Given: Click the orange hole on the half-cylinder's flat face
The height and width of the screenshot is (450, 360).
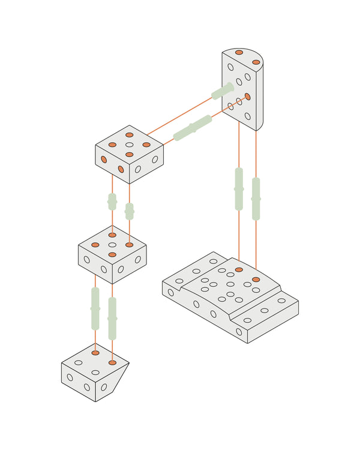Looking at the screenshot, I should tap(247, 96).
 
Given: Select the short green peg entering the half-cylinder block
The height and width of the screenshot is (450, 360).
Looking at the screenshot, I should tap(222, 91).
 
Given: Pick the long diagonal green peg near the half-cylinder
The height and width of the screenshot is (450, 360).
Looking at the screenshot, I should tap(193, 127).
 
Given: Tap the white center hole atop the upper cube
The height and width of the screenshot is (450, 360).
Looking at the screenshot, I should tap(130, 145).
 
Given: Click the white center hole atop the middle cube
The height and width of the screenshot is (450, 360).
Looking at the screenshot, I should tap(112, 245).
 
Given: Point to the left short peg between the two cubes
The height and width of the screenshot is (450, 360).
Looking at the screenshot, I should tap(112, 202).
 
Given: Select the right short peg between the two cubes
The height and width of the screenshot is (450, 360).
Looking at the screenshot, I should tap(129, 211).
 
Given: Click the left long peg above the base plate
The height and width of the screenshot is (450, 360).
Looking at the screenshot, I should tap(239, 188).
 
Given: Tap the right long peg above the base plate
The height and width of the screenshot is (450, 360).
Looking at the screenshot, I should tap(256, 199).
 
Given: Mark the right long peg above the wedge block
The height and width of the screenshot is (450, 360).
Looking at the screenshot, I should tap(112, 318).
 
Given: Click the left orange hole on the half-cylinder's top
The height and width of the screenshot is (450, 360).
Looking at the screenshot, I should tap(239, 53).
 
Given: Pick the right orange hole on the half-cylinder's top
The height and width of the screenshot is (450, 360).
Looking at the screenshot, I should tap(256, 61).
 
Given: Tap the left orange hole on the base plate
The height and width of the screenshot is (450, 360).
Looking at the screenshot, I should tap(239, 270).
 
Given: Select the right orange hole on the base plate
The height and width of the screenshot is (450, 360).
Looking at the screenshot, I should tap(256, 280).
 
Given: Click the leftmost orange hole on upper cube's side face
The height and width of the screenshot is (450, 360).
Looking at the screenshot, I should tap(104, 160).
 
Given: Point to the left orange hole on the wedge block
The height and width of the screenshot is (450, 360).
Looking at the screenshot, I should tap(95, 353).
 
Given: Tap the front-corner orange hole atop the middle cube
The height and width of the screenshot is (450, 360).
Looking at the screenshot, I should tap(112, 255).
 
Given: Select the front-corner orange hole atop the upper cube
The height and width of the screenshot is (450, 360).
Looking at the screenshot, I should tap(130, 155).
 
